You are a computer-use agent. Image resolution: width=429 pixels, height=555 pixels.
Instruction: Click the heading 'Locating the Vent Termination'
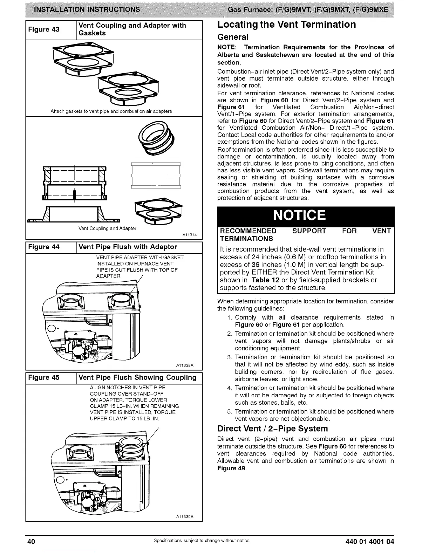tap(286, 25)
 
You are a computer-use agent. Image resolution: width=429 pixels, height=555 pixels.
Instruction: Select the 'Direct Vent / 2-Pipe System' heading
tap(272, 429)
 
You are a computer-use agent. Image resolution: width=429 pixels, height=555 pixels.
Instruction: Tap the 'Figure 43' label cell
tap(44, 29)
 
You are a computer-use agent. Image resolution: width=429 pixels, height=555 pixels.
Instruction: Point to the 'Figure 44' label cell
tap(44, 247)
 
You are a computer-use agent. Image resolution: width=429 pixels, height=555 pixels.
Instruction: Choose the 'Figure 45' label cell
tap(44, 378)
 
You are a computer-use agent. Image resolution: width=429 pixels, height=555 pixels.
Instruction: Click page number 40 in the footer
tap(31, 542)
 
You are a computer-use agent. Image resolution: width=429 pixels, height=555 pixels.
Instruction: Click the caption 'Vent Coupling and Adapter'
tap(107, 228)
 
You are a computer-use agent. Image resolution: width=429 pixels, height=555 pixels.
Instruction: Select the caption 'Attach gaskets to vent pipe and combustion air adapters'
tap(111, 111)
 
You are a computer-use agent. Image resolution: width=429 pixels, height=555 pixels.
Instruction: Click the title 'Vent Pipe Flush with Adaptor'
tap(128, 247)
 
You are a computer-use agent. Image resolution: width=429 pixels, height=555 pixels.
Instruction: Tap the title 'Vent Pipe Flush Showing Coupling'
tap(137, 378)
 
